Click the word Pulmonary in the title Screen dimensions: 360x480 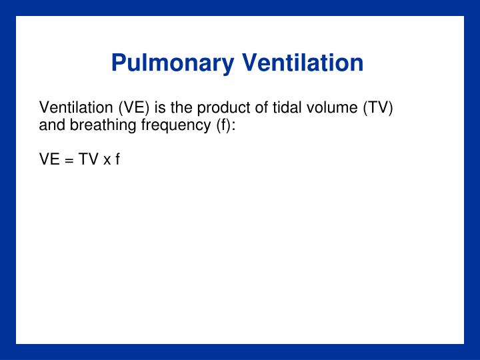click(x=173, y=63)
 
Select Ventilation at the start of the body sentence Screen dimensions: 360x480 click(x=76, y=108)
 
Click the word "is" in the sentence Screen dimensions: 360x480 click(x=157, y=108)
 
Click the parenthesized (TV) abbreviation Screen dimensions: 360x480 click(x=377, y=108)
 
